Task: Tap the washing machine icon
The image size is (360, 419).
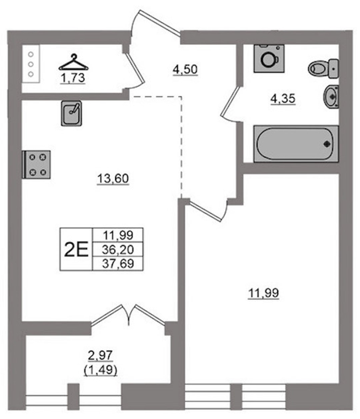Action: point(269,58)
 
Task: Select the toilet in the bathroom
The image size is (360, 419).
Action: point(323,68)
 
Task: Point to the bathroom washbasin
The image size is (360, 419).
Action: point(331,97)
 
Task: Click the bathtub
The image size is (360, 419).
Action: point(296,144)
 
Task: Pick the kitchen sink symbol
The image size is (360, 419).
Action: point(72,113)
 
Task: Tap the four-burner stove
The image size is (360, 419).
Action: point(36,164)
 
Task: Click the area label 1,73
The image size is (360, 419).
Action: point(73,78)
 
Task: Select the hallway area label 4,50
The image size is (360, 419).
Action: point(185,69)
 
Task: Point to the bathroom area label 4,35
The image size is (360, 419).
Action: point(283,99)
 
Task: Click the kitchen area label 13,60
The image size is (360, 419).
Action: point(113,178)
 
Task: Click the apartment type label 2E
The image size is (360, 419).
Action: point(76,250)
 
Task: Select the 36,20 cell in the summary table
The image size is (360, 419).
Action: point(118,250)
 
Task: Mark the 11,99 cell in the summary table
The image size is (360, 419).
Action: point(118,235)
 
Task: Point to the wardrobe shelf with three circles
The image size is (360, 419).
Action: point(31,64)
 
